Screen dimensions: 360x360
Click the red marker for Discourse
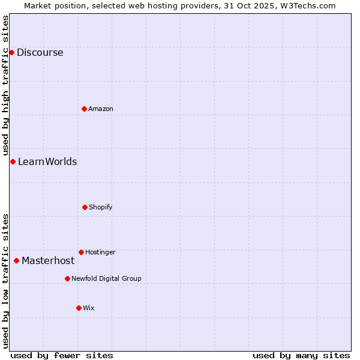pyautogui.click(x=11, y=52)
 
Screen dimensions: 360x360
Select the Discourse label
pyautogui.click(x=40, y=52)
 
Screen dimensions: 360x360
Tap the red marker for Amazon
pyautogui.click(x=84, y=109)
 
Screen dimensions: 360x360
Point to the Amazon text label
pyautogui.click(x=100, y=109)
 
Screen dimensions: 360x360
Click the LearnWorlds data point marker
pyautogui.click(x=13, y=161)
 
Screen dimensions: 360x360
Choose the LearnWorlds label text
pyautogui.click(x=47, y=161)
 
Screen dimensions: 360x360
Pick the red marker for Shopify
pyautogui.click(x=85, y=207)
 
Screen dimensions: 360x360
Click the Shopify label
pyautogui.click(x=100, y=207)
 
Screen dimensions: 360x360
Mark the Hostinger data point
pyautogui.click(x=81, y=252)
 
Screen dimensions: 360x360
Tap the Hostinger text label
pyautogui.click(x=100, y=252)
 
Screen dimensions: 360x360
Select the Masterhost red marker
pyautogui.click(x=16, y=260)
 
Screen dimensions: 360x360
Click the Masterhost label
pyautogui.click(x=48, y=260)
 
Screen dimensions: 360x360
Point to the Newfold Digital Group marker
pyautogui.click(x=67, y=278)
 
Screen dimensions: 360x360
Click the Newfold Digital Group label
pyautogui.click(x=106, y=278)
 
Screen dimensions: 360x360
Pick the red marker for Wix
pyautogui.click(x=79, y=308)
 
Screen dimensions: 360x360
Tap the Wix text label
pyautogui.click(x=89, y=308)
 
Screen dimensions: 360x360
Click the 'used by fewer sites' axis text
pyautogui.click(x=62, y=355)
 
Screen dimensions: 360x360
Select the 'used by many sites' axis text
pyautogui.click(x=301, y=355)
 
